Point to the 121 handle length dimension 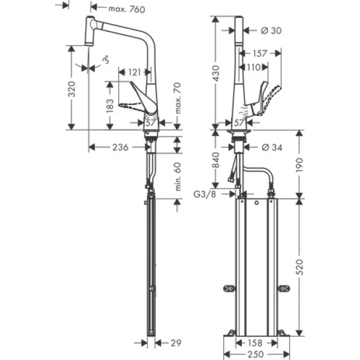(x=137, y=72)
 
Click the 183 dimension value (x=110, y=106)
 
